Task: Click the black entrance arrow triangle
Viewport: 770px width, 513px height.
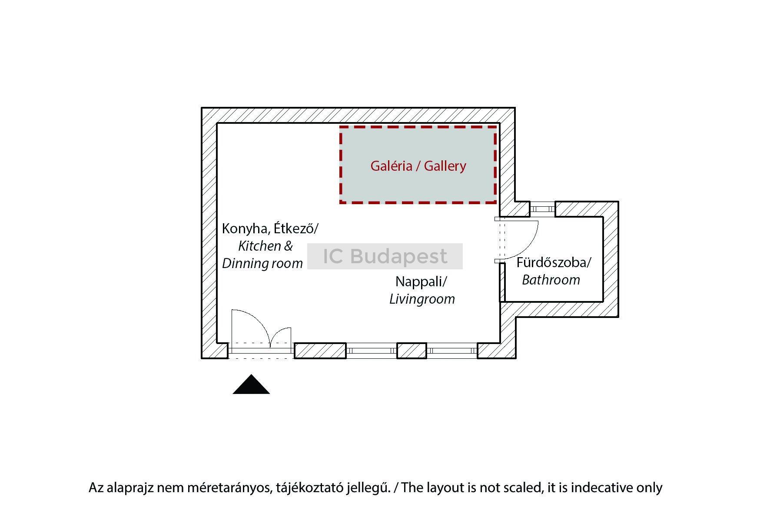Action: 251,384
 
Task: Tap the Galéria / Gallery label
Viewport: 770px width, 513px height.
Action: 418,165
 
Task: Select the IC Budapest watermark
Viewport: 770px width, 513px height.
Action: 385,256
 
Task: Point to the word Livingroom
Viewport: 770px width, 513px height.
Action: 422,299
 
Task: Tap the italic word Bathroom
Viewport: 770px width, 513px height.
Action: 551,280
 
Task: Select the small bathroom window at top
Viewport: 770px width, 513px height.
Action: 543,209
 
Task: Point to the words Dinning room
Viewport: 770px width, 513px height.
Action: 262,263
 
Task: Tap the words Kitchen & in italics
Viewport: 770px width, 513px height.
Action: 266,246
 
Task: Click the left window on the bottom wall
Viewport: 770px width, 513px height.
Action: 372,351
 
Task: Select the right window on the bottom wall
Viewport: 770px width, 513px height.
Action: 452,351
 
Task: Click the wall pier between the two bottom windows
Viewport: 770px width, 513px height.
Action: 412,351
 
